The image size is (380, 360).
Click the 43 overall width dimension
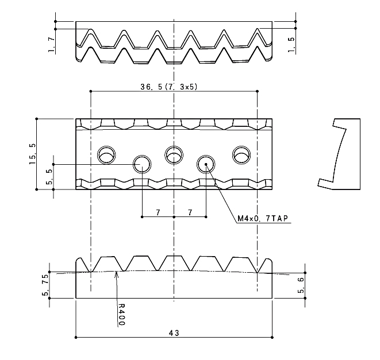tap(174, 333)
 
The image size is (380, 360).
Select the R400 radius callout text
tap(121, 314)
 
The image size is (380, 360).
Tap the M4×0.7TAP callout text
tap(263, 219)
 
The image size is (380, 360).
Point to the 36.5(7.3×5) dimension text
tap(169, 87)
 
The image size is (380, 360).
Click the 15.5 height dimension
tap(32, 154)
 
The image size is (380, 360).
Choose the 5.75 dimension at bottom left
tap(45, 285)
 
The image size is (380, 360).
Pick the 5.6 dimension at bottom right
tap(301, 285)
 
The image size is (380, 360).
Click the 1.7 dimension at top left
tap(51, 45)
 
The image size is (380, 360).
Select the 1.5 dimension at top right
tap(291, 45)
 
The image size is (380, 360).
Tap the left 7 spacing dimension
tap(158, 212)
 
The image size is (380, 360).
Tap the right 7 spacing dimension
tap(190, 212)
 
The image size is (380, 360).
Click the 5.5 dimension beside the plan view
tap(49, 177)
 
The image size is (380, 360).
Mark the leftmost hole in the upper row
tap(106, 155)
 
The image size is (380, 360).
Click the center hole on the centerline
tap(174, 155)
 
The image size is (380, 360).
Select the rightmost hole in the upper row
tap(241, 155)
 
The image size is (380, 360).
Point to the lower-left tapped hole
tap(142, 164)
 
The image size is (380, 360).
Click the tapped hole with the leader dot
tap(206, 164)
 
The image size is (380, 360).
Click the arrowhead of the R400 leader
tap(117, 273)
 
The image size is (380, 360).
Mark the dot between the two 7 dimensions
tap(174, 217)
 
